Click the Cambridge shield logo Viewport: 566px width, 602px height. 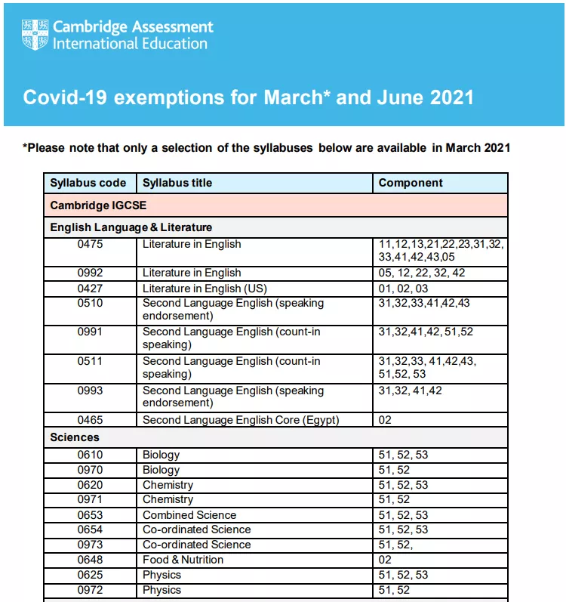click(35, 34)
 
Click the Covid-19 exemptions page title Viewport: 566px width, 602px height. click(248, 97)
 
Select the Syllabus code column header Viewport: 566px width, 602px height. click(88, 183)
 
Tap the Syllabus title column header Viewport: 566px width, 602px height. click(177, 183)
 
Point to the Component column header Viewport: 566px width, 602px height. click(411, 183)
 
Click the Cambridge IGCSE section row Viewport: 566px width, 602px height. click(98, 205)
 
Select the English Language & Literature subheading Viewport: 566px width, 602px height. click(131, 227)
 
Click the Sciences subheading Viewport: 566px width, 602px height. click(75, 437)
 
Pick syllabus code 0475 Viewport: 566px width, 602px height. click(91, 244)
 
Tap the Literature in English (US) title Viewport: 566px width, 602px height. click(205, 288)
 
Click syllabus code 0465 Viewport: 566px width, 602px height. click(91, 420)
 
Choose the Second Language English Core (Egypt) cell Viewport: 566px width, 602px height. click(241, 420)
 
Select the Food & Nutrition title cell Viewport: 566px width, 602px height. click(183, 560)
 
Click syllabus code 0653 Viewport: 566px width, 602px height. click(91, 515)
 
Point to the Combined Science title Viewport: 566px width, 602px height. click(190, 515)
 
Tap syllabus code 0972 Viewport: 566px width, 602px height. click(91, 590)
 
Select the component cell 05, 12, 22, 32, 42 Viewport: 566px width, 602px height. click(421, 273)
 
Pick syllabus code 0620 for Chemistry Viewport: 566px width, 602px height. click(91, 485)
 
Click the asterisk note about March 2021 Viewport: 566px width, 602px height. click(266, 147)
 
